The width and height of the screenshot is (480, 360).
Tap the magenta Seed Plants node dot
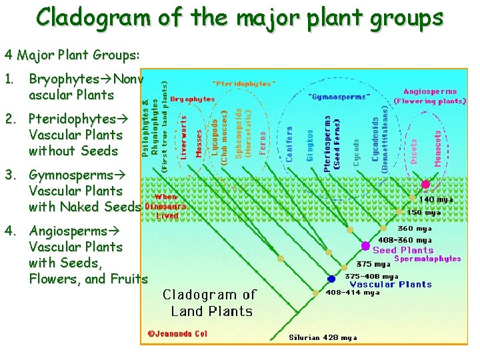point(365,246)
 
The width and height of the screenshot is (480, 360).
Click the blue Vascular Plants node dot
point(331,279)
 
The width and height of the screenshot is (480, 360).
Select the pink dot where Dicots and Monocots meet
point(425,184)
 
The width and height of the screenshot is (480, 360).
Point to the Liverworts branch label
point(184,137)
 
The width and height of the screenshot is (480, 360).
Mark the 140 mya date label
point(437,199)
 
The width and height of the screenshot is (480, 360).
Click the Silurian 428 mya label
point(323,337)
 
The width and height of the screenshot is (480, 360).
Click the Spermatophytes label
point(427,259)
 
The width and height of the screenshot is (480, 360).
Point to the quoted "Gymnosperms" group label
point(339,96)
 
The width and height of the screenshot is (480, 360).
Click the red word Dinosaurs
point(165,206)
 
